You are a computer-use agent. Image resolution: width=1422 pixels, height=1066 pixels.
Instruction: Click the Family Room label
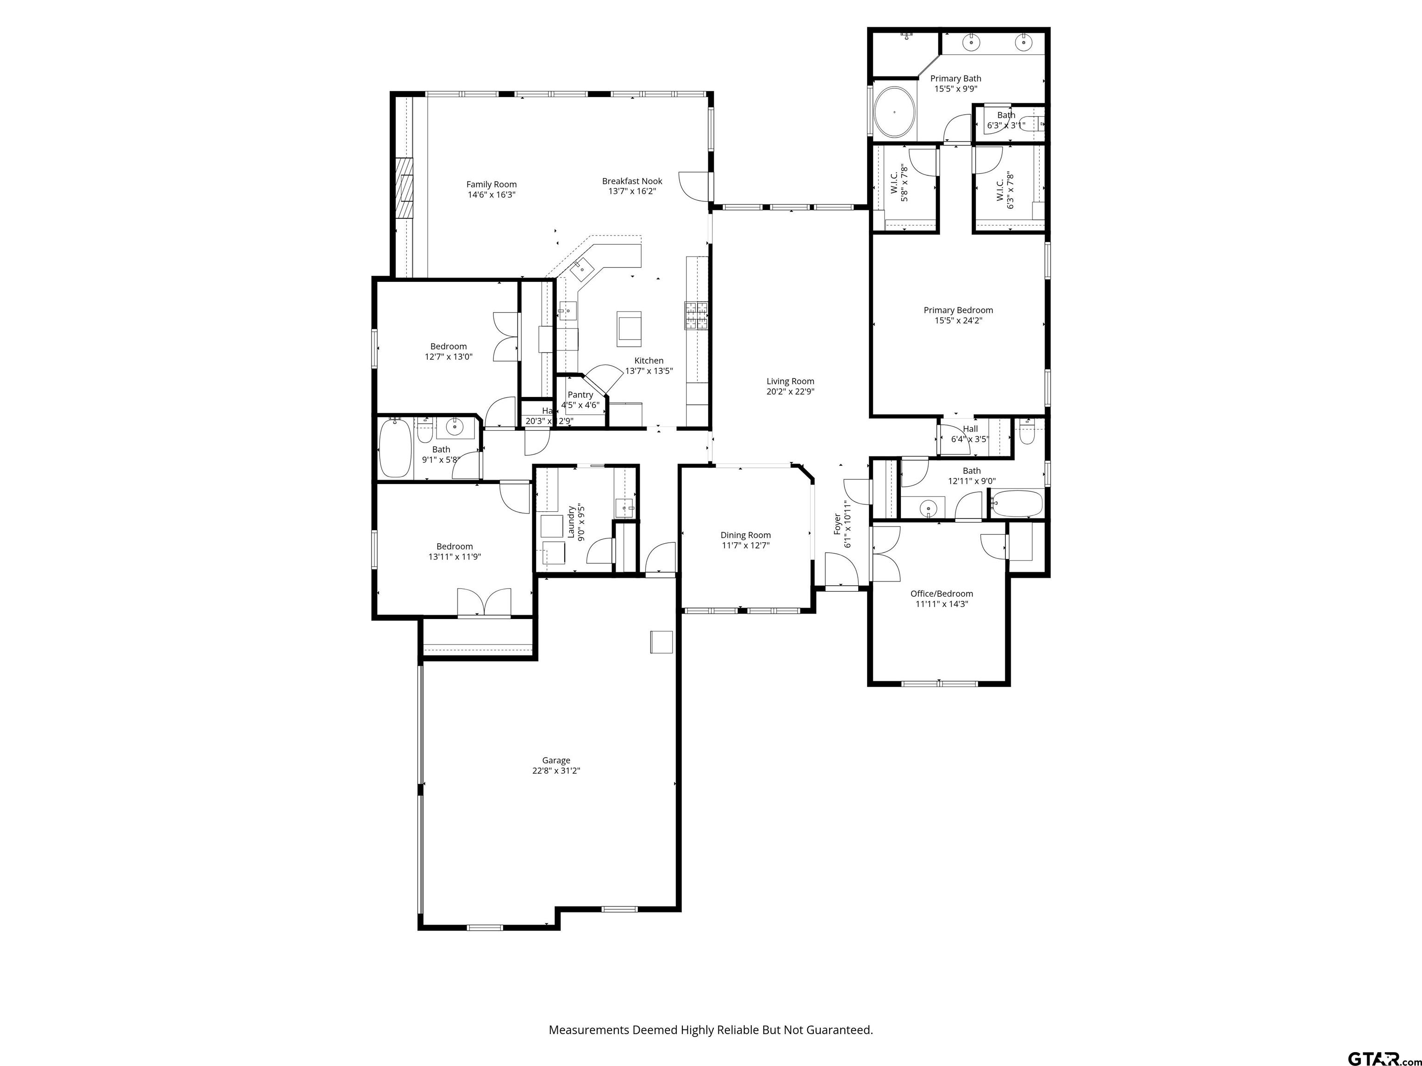(x=491, y=185)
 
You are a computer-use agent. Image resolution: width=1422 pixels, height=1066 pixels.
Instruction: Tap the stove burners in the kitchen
(x=696, y=316)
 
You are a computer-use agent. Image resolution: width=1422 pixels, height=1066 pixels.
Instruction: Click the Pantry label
(x=580, y=395)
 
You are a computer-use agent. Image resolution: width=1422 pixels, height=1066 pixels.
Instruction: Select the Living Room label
(x=790, y=381)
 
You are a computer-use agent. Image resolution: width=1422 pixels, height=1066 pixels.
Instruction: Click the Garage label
(x=555, y=760)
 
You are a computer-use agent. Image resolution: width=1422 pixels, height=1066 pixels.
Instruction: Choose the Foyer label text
(x=837, y=524)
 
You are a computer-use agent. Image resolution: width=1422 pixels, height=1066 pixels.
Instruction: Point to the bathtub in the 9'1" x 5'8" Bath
(x=395, y=448)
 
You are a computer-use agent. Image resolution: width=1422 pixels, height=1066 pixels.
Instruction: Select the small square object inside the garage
(x=661, y=642)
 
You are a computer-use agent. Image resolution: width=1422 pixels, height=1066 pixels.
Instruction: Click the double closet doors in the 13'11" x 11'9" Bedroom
(x=484, y=603)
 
